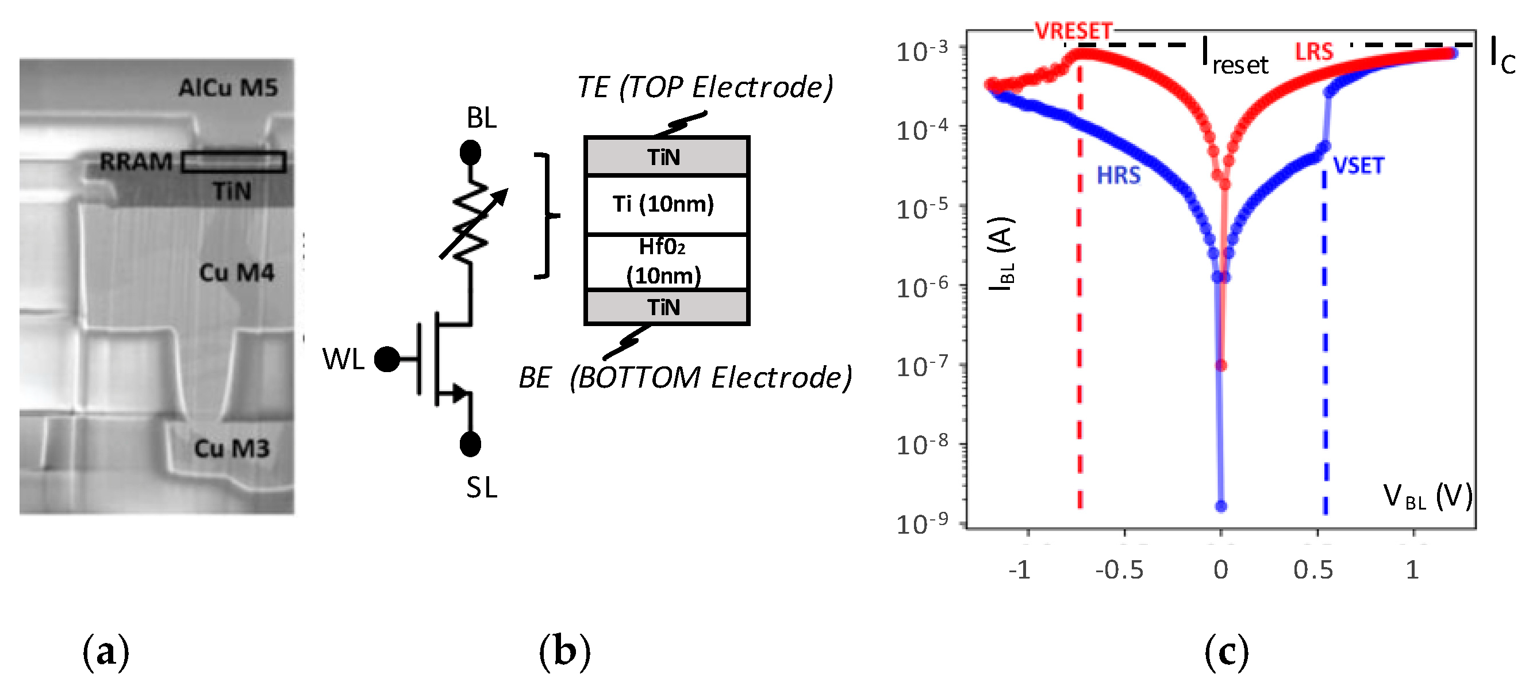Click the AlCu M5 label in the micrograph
tap(228, 88)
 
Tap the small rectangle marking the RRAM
tap(233, 162)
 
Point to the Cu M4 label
tap(236, 273)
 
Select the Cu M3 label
tap(232, 449)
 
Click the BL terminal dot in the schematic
tap(470, 153)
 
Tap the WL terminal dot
tap(387, 359)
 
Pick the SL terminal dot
tap(470, 444)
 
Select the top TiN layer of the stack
tap(666, 157)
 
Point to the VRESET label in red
tap(1073, 31)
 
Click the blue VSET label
tap(1358, 166)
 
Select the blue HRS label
tap(1118, 176)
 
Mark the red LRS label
tap(1314, 52)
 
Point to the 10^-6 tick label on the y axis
tap(922, 288)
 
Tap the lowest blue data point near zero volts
tap(1221, 507)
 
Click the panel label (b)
tap(564, 652)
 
